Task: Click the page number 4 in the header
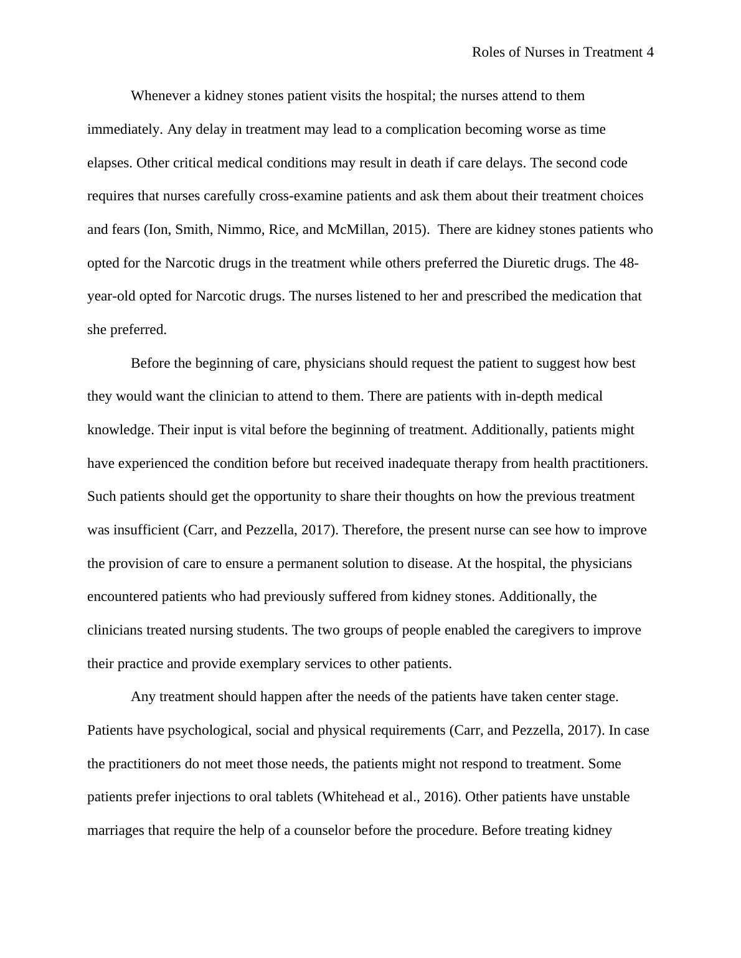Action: (649, 52)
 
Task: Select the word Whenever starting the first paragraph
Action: (159, 96)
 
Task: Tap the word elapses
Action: (110, 163)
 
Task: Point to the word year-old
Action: (111, 296)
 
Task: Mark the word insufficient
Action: (145, 530)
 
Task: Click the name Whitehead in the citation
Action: (351, 797)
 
